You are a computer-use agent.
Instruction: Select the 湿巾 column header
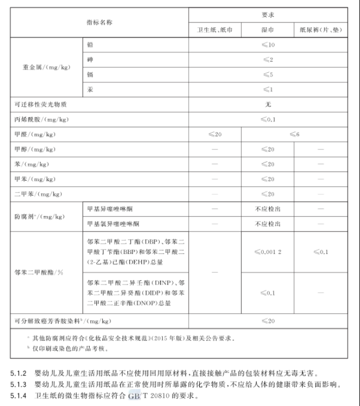[268, 30]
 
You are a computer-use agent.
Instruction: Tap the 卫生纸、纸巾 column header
[215, 30]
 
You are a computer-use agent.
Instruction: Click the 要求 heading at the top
[268, 15]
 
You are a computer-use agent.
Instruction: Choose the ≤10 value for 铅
[268, 44]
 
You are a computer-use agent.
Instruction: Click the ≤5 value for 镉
[268, 74]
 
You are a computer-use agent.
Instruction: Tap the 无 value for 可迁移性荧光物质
[268, 104]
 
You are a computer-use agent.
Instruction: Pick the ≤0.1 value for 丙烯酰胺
[268, 119]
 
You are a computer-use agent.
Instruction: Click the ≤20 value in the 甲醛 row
[215, 134]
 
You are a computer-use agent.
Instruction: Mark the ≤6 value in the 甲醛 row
[294, 134]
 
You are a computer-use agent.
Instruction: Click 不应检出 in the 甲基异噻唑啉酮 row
[268, 208]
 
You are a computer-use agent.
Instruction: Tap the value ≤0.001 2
[268, 252]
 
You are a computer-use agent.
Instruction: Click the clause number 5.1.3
[20, 384]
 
